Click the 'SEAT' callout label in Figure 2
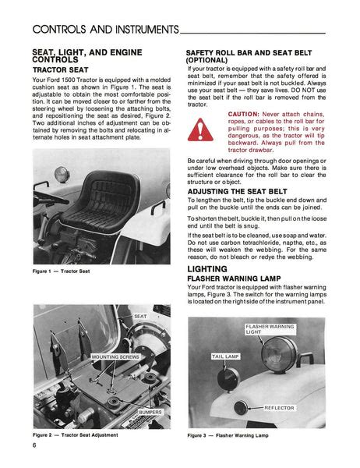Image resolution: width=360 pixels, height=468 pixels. tap(140, 316)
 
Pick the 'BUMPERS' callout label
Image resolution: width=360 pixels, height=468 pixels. tap(150, 411)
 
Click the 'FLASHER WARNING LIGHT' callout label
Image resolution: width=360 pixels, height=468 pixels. tap(270, 328)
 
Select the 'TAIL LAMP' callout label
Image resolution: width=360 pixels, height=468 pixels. tap(227, 356)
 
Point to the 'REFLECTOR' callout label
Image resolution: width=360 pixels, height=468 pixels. tap(279, 408)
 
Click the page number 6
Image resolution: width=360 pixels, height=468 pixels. tap(35, 445)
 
